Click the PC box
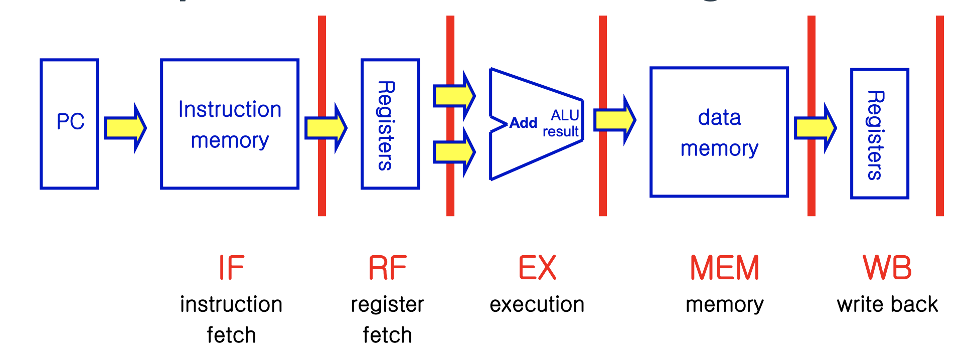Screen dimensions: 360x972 (x=69, y=124)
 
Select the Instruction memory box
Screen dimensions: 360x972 (x=230, y=124)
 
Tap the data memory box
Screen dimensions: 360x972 (x=719, y=132)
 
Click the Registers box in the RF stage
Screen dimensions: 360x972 (x=390, y=124)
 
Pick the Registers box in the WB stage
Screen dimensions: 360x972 (x=879, y=134)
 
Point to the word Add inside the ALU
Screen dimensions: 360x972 (x=523, y=123)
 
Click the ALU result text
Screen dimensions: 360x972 (x=562, y=124)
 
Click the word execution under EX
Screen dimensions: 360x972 (x=537, y=304)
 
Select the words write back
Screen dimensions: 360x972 (x=887, y=304)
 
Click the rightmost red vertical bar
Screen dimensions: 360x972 (x=939, y=115)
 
